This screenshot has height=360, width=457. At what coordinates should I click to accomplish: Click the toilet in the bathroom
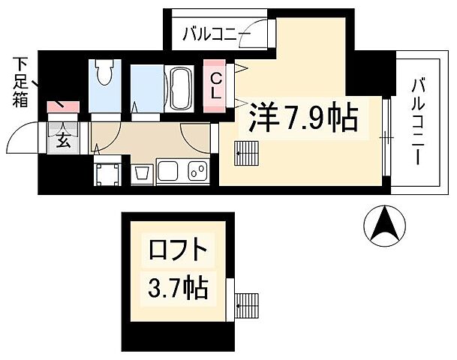pyautogui.click(x=106, y=73)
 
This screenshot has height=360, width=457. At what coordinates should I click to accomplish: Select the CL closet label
pyautogui.click(x=215, y=85)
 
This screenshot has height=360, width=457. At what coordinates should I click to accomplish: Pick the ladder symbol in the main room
pyautogui.click(x=246, y=154)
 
